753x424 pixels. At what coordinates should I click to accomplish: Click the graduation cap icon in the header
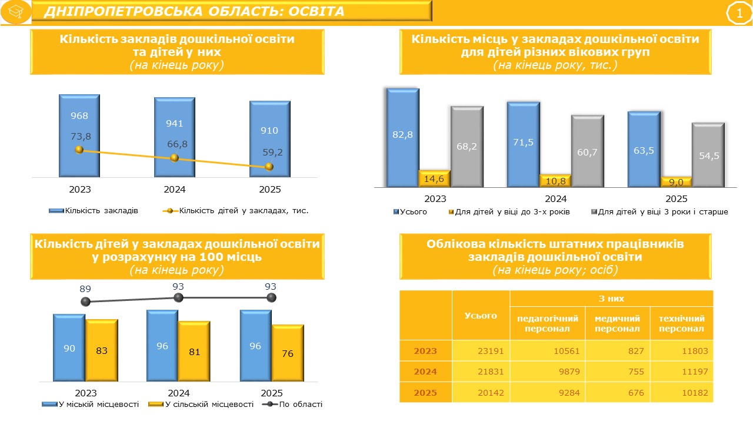click(x=16, y=12)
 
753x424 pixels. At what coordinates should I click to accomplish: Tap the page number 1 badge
click(x=739, y=14)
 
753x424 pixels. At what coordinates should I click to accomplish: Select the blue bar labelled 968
click(x=79, y=135)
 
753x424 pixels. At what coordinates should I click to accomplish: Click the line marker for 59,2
click(x=269, y=167)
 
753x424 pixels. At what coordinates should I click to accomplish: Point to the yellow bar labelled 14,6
click(x=434, y=178)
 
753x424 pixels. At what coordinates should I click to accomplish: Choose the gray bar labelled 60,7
click(x=587, y=151)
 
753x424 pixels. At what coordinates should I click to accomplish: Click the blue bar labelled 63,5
click(x=644, y=149)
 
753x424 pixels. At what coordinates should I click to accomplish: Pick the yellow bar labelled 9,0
click(x=676, y=182)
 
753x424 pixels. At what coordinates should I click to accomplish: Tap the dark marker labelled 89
click(x=86, y=302)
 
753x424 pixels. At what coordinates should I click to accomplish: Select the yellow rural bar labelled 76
click(x=288, y=353)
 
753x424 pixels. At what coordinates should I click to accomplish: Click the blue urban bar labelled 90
click(x=69, y=347)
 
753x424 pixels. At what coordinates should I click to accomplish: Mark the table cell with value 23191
click(x=481, y=351)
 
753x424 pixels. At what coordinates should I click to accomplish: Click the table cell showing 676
click(x=618, y=392)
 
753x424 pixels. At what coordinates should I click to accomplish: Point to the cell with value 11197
click(x=682, y=372)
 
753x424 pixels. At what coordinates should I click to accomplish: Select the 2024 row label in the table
click(x=425, y=372)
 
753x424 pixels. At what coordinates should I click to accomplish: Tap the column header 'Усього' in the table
click(x=481, y=315)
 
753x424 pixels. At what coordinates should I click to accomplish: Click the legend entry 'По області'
click(x=292, y=404)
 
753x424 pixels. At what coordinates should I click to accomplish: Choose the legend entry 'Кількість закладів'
click(x=94, y=211)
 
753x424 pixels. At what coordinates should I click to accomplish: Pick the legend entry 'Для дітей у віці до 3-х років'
click(x=509, y=211)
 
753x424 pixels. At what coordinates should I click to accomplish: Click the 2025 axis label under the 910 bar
click(x=270, y=190)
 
